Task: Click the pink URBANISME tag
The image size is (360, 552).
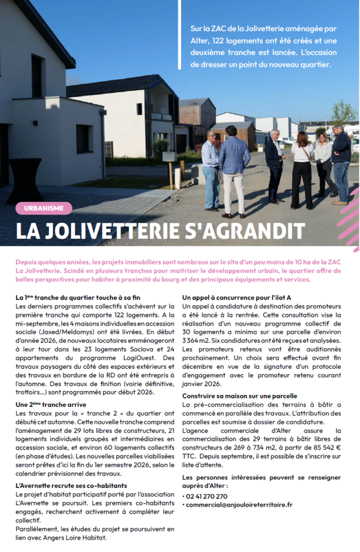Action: (x=44, y=207)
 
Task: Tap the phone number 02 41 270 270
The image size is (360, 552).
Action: (x=207, y=496)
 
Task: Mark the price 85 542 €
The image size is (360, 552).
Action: (x=322, y=447)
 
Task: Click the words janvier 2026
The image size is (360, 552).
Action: (x=201, y=384)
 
